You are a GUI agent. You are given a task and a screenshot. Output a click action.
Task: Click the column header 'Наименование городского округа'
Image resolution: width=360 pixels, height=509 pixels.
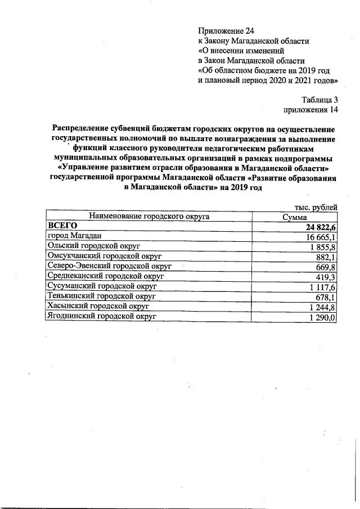tap(148, 216)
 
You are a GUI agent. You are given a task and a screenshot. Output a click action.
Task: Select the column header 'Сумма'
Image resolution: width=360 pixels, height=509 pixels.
tap(295, 217)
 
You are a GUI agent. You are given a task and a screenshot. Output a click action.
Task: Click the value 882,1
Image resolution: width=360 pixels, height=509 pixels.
tap(325, 257)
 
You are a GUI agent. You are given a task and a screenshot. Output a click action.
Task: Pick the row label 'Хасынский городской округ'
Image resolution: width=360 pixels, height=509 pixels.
tap(98, 307)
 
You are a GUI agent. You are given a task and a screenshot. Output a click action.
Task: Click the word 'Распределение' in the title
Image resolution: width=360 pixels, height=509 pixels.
tap(79, 128)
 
